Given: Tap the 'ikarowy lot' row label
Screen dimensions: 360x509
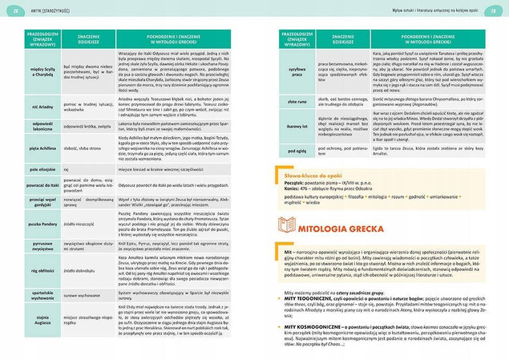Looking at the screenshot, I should tap(294, 127).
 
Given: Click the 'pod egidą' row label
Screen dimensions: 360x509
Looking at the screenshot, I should tap(294, 149).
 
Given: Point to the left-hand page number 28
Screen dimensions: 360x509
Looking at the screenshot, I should tap(11, 8).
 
